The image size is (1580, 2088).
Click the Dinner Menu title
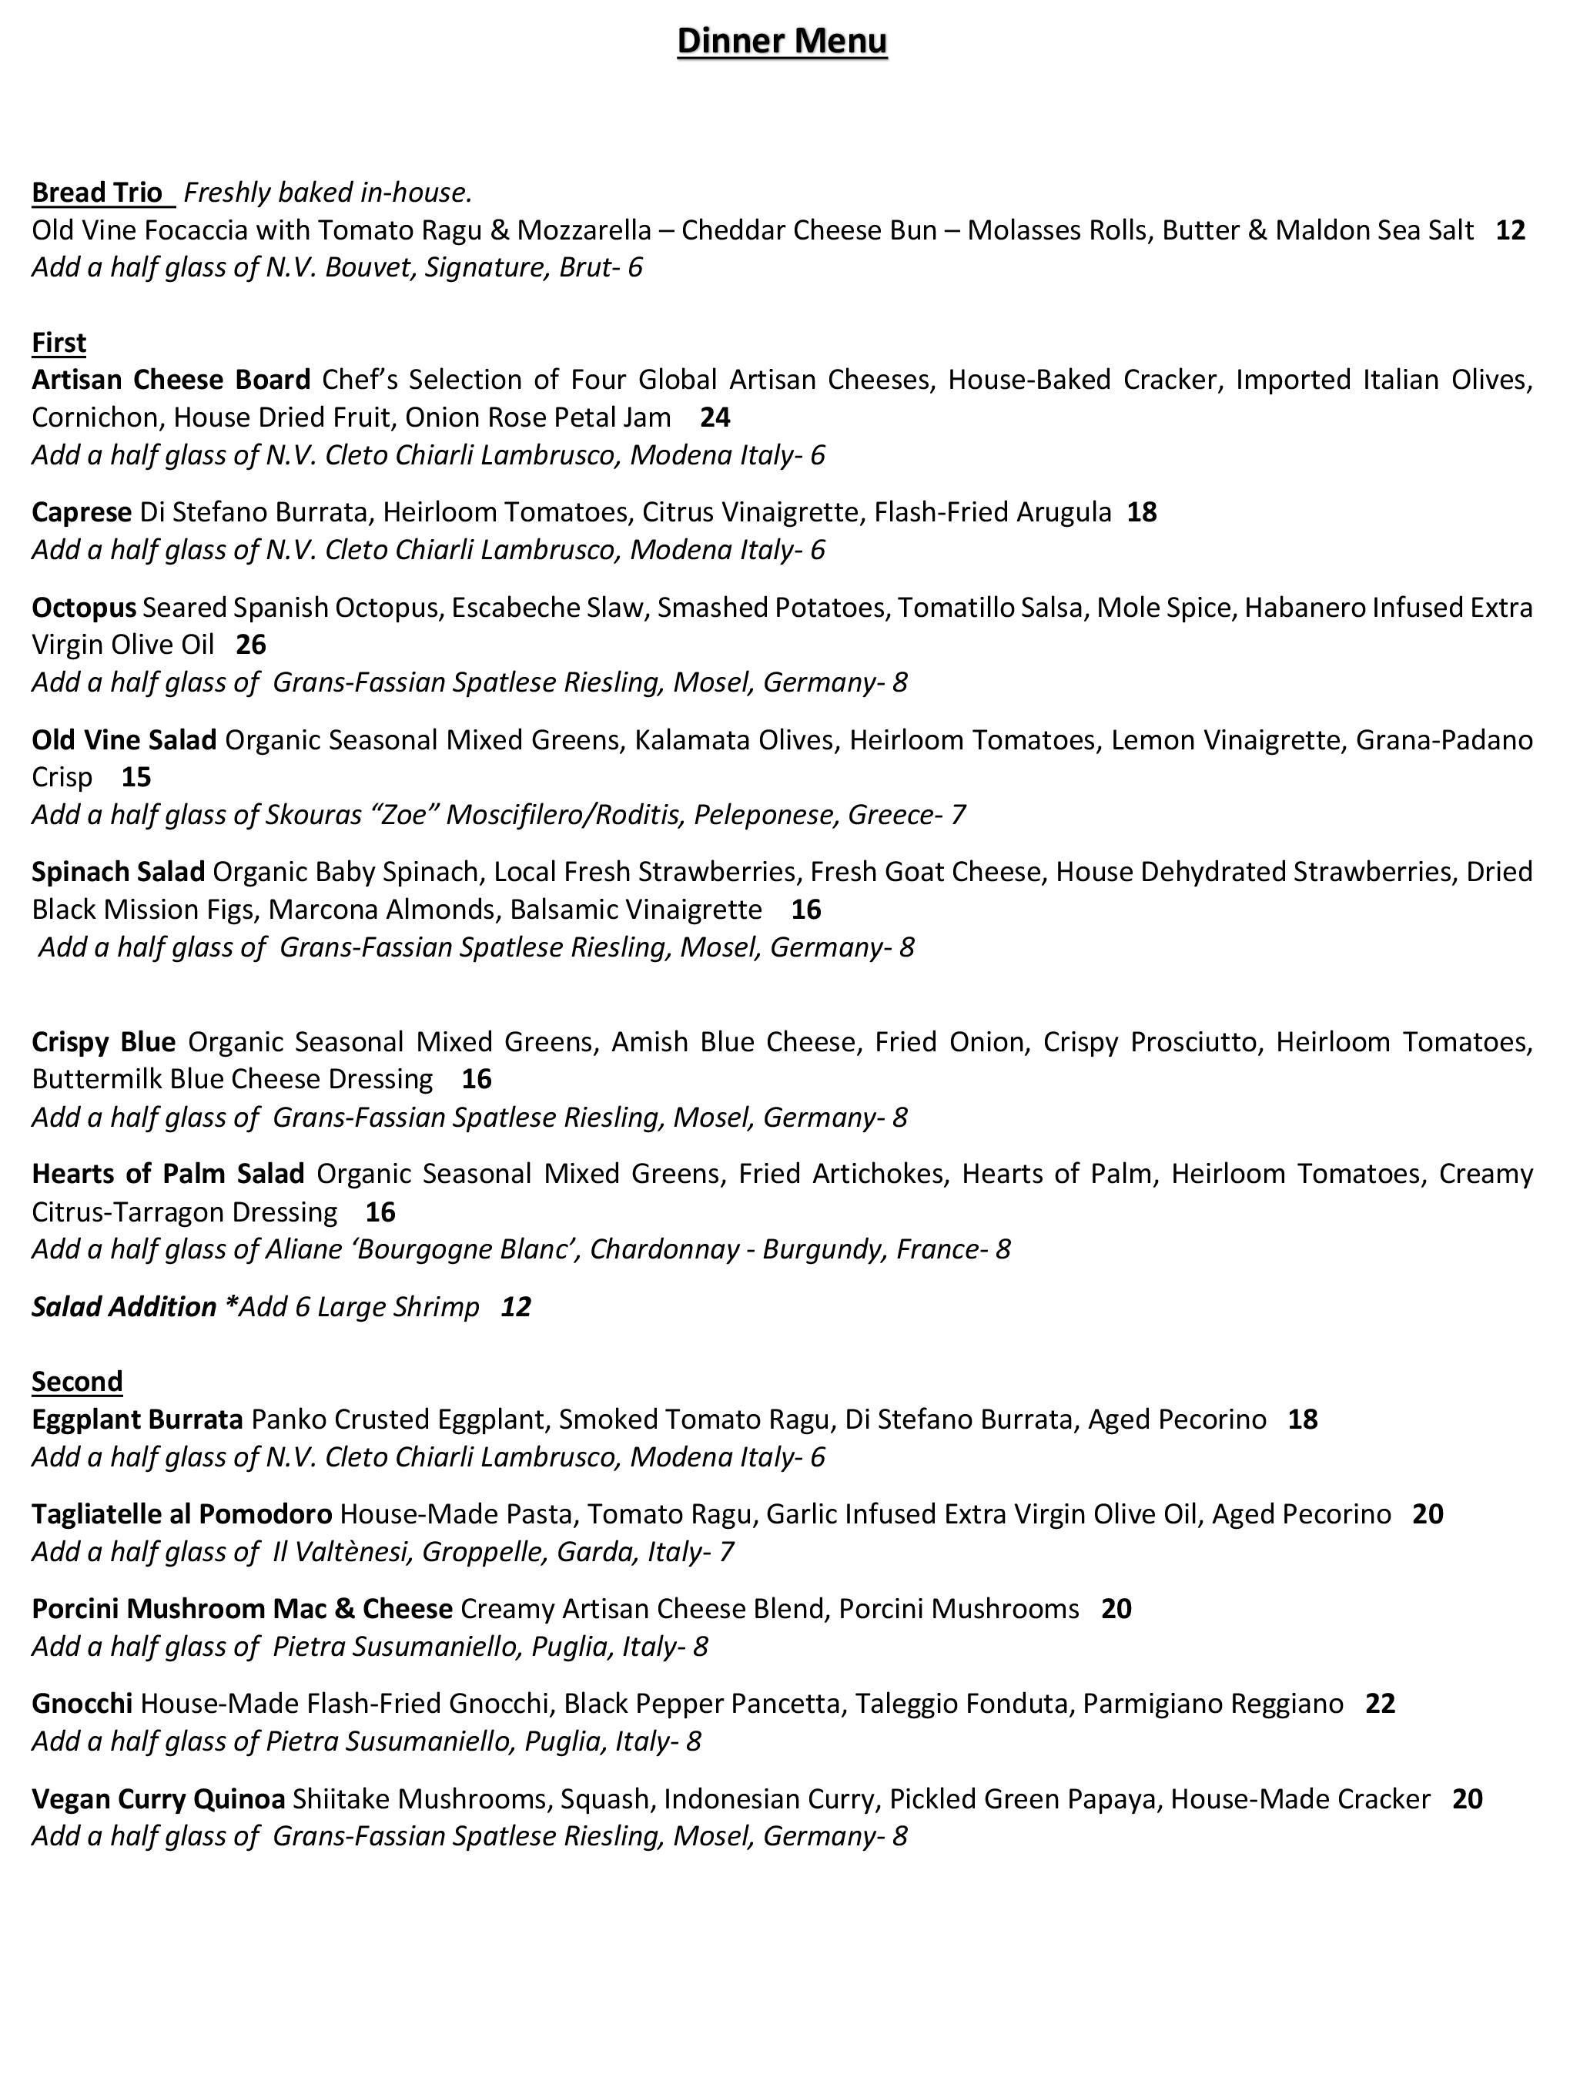[x=782, y=42]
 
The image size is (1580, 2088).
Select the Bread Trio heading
[x=97, y=193]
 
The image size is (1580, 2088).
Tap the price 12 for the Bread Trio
[x=1510, y=230]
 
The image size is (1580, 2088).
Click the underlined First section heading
[x=59, y=343]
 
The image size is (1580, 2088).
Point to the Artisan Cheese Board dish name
[x=171, y=380]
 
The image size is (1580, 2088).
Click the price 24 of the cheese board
[x=715, y=417]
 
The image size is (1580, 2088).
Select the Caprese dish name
[x=81, y=512]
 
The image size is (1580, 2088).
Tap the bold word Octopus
[x=84, y=607]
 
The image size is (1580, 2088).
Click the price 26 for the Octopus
[x=251, y=645]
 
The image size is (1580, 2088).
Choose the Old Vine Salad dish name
[x=124, y=740]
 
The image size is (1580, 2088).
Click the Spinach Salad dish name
[x=118, y=871]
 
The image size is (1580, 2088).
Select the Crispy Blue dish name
[x=104, y=1042]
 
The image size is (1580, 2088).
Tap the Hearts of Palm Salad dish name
[x=168, y=1175]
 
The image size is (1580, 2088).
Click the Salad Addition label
[x=124, y=1307]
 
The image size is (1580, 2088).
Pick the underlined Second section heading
[x=78, y=1382]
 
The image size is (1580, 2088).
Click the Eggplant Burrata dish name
[x=138, y=1419]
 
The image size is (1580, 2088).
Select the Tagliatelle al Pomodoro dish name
[x=181, y=1515]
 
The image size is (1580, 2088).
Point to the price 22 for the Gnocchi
[x=1380, y=1704]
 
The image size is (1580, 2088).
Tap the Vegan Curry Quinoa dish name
[x=159, y=1799]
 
